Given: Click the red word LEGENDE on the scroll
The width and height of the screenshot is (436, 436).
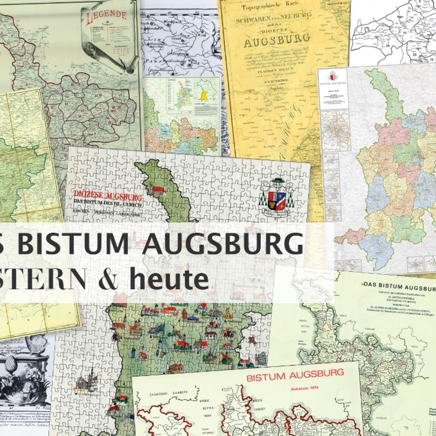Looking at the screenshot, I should (x=106, y=17).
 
